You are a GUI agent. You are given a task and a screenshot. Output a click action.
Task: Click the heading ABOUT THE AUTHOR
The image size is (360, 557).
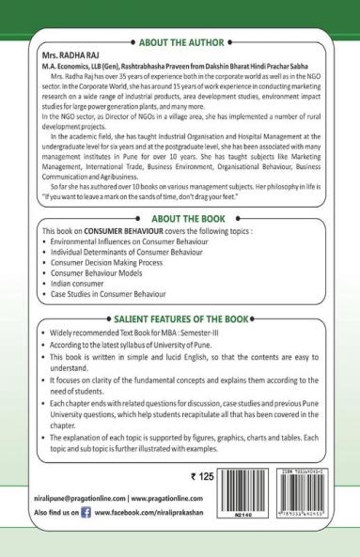[x=180, y=43]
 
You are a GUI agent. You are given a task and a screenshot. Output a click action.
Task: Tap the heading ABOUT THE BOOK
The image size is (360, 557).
[x=180, y=218]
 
